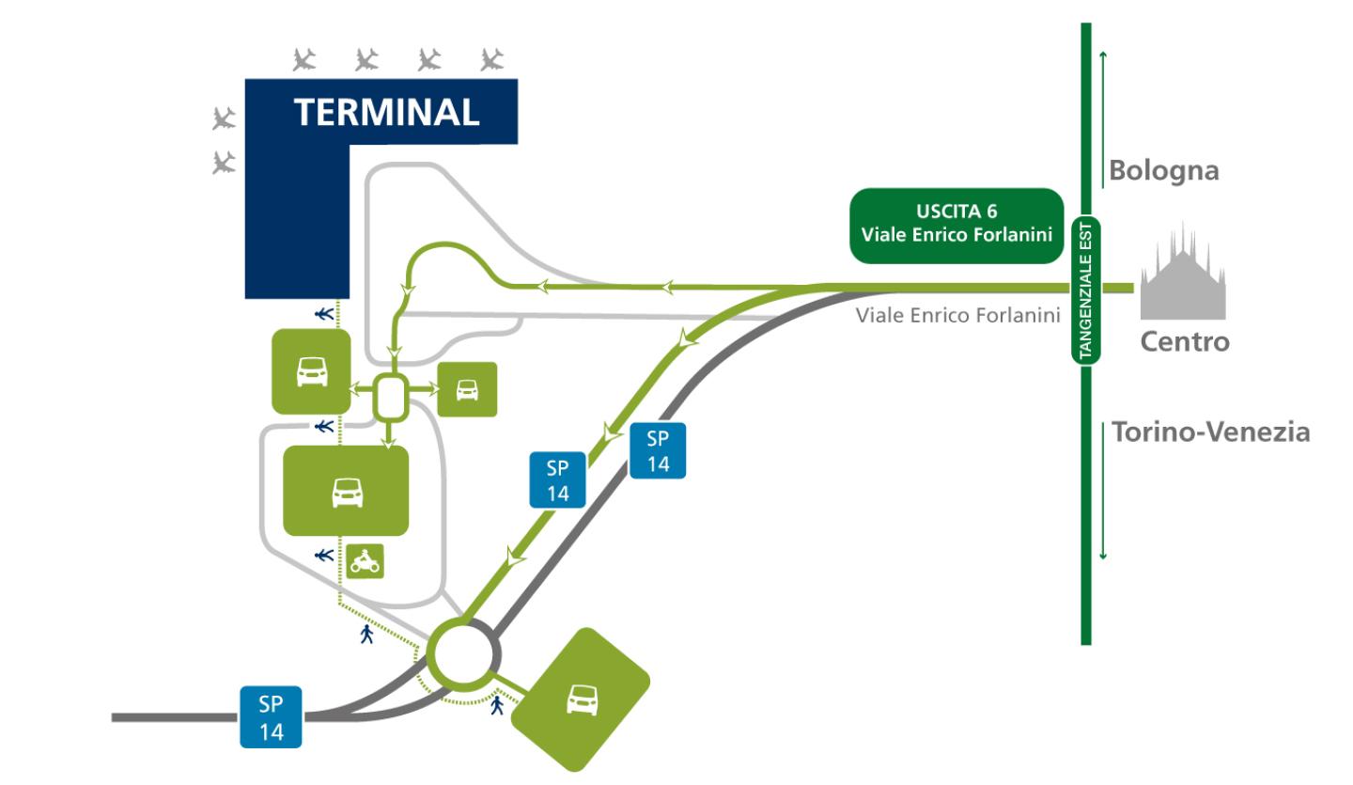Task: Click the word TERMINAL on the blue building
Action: pyautogui.click(x=387, y=113)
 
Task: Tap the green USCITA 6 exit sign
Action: pyautogui.click(x=956, y=226)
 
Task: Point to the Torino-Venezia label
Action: pyautogui.click(x=1210, y=432)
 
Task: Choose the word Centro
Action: pyautogui.click(x=1184, y=342)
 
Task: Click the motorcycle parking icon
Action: pyautogui.click(x=365, y=561)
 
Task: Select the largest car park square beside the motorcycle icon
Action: pyautogui.click(x=346, y=491)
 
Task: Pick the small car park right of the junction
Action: pyautogui.click(x=467, y=389)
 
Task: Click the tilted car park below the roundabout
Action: pyautogui.click(x=583, y=699)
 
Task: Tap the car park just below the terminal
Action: pyautogui.click(x=311, y=371)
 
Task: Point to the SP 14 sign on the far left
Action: pyautogui.click(x=272, y=717)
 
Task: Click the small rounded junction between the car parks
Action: pyautogui.click(x=390, y=398)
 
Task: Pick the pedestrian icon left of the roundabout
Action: pyautogui.click(x=366, y=635)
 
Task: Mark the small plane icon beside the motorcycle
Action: pyautogui.click(x=324, y=556)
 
